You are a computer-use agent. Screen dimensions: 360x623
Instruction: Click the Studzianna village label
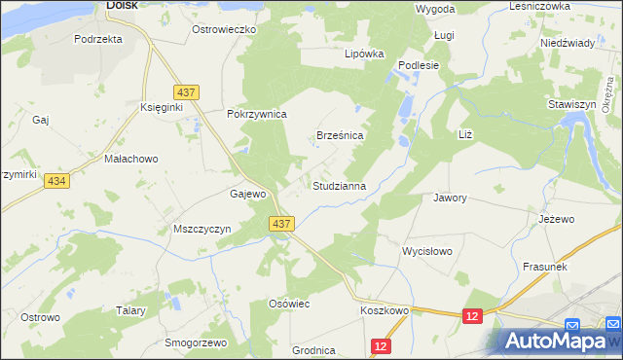click(x=339, y=185)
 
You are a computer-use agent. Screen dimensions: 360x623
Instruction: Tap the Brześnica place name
click(x=340, y=136)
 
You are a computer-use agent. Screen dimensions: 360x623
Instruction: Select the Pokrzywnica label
click(x=256, y=114)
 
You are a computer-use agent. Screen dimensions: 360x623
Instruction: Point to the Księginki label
click(x=162, y=107)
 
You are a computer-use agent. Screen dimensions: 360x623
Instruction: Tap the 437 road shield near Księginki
click(x=189, y=91)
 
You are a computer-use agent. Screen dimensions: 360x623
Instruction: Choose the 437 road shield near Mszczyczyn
click(x=281, y=224)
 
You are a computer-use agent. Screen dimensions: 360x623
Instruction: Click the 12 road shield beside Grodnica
click(x=382, y=345)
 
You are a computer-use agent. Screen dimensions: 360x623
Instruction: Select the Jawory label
click(x=450, y=198)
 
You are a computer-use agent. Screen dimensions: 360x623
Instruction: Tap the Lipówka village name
click(x=364, y=54)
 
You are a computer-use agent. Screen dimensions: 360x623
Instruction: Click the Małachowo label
click(x=130, y=158)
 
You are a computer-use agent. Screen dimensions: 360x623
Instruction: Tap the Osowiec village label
click(x=288, y=304)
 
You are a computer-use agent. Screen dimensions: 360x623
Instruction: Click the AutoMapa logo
click(x=558, y=341)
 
